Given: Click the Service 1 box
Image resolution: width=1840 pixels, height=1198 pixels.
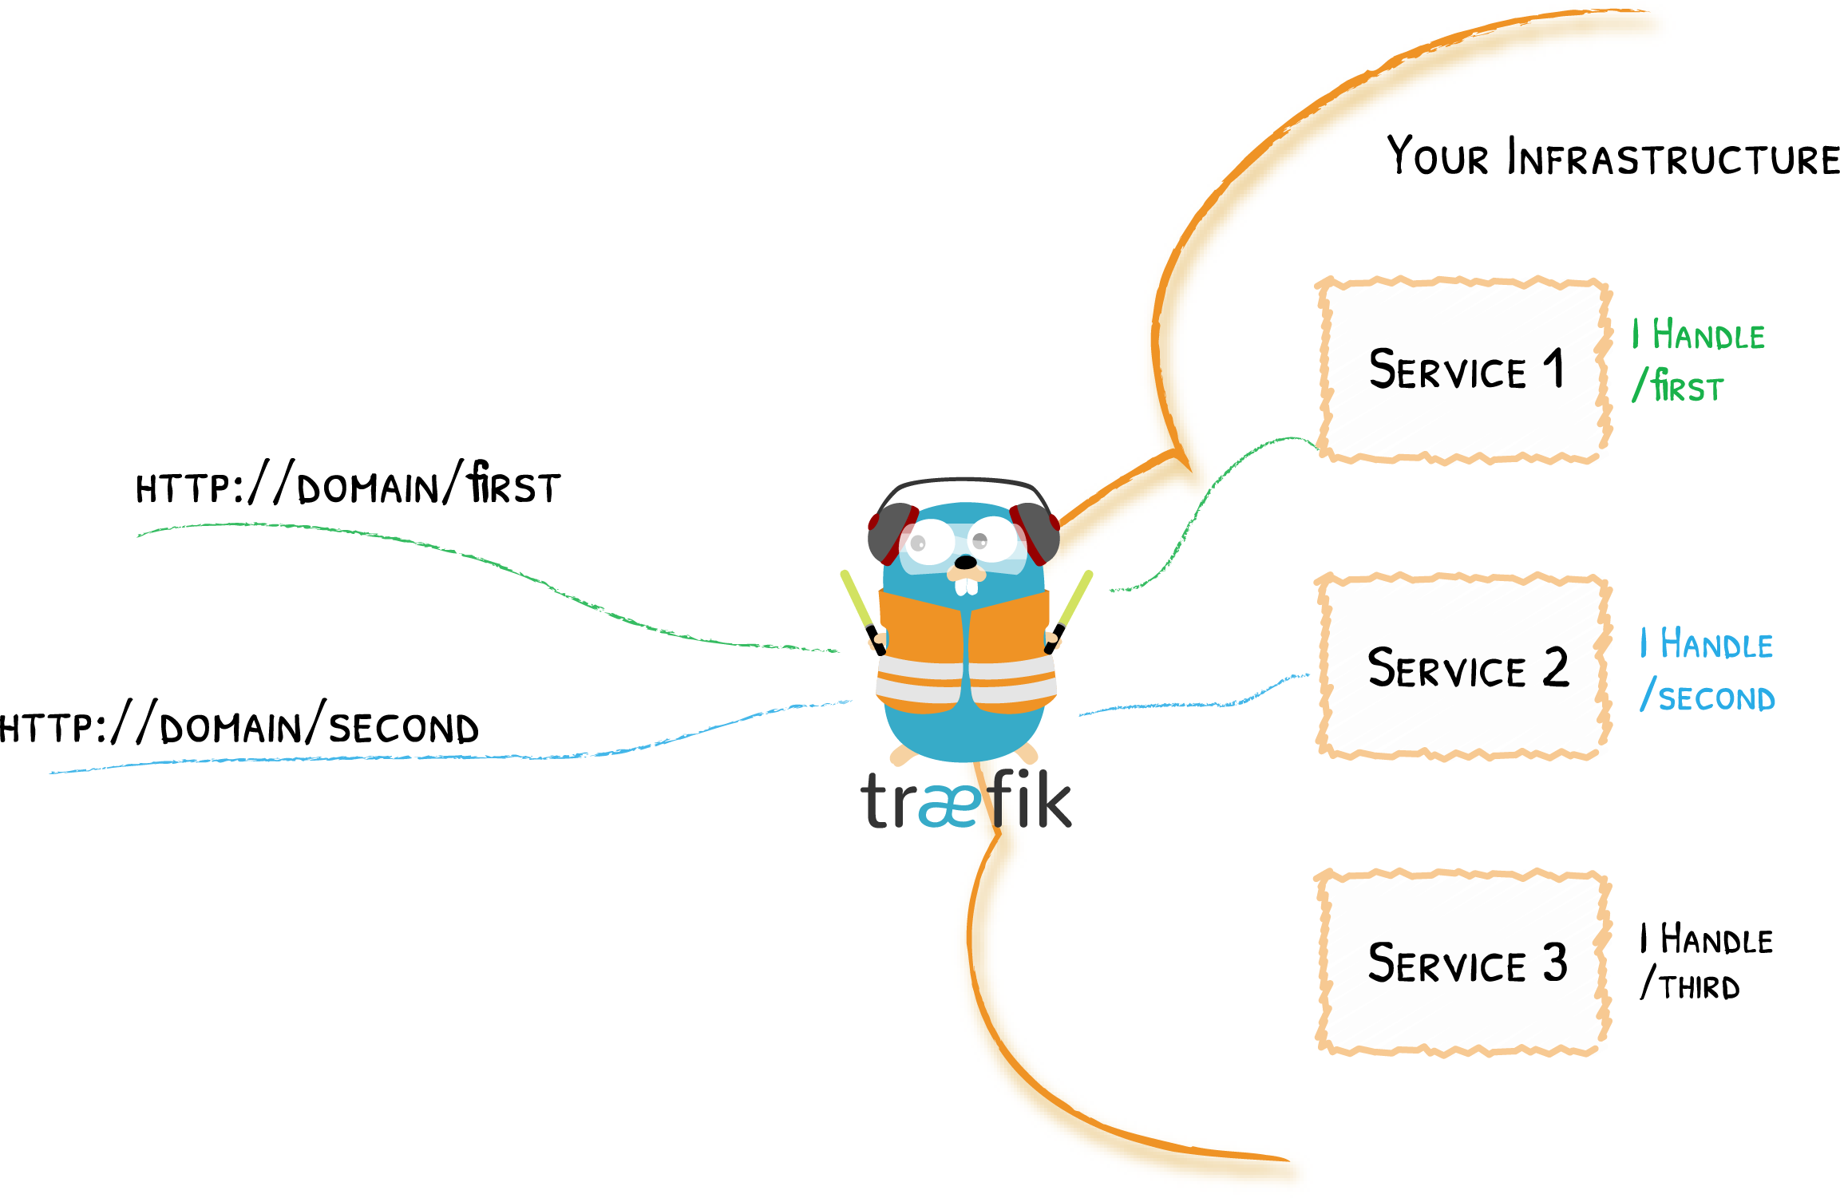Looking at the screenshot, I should coord(1462,371).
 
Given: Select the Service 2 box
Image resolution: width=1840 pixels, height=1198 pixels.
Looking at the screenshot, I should coord(1462,667).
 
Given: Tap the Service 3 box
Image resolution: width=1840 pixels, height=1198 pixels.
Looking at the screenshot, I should coord(1462,963).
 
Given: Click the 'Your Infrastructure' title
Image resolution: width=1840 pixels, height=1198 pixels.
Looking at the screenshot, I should coord(1612,157).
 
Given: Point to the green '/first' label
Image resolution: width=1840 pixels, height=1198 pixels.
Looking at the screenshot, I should coord(1678,386).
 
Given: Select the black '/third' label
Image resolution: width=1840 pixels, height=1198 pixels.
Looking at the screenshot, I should coord(1690,985).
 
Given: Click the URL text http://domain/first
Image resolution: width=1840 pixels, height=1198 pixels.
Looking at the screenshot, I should coord(348,485).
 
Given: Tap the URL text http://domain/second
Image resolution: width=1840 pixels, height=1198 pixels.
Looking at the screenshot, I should coord(239,726).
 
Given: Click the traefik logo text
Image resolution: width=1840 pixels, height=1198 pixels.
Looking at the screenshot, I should coord(966,801).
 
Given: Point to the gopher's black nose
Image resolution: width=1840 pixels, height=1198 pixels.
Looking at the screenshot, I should coord(965,562).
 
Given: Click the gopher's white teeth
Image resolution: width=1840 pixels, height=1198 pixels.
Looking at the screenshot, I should coord(966,587).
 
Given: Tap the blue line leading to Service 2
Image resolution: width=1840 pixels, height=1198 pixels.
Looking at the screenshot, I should coord(1197,704).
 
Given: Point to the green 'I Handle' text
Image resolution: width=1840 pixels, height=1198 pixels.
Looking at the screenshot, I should coord(1698,335).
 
